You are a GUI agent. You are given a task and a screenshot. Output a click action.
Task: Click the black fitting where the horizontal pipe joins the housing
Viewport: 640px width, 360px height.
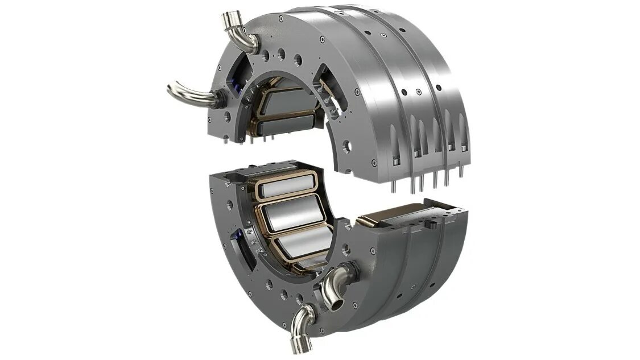(x=219, y=100)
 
